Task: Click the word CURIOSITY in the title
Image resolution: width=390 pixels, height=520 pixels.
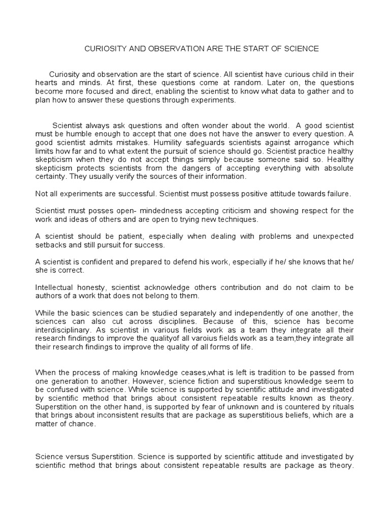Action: pos(101,49)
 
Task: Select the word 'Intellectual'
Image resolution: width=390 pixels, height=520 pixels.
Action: pos(55,288)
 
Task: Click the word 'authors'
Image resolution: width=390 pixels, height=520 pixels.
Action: pos(48,297)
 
